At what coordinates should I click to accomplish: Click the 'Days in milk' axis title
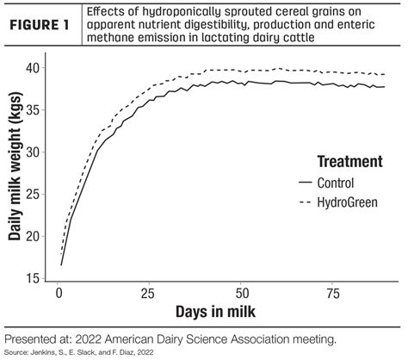coord(216,310)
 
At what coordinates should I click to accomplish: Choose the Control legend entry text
coord(341,183)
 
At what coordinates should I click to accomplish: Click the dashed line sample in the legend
coord(305,202)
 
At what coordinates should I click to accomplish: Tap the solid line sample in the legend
coord(305,183)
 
